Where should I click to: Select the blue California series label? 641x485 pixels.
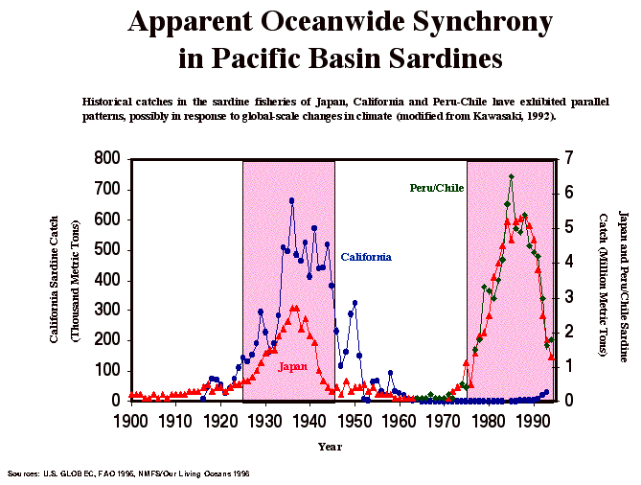366,257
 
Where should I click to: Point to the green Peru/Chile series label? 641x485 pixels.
436,188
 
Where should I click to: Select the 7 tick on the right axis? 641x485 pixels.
568,159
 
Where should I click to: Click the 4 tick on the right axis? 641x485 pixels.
568,263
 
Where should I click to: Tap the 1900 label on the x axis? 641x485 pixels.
130,419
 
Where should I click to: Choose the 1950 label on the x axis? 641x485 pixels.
355,419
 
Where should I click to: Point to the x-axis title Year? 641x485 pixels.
331,446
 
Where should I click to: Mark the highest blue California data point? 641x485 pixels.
291,200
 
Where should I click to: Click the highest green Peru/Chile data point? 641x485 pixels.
512,176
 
